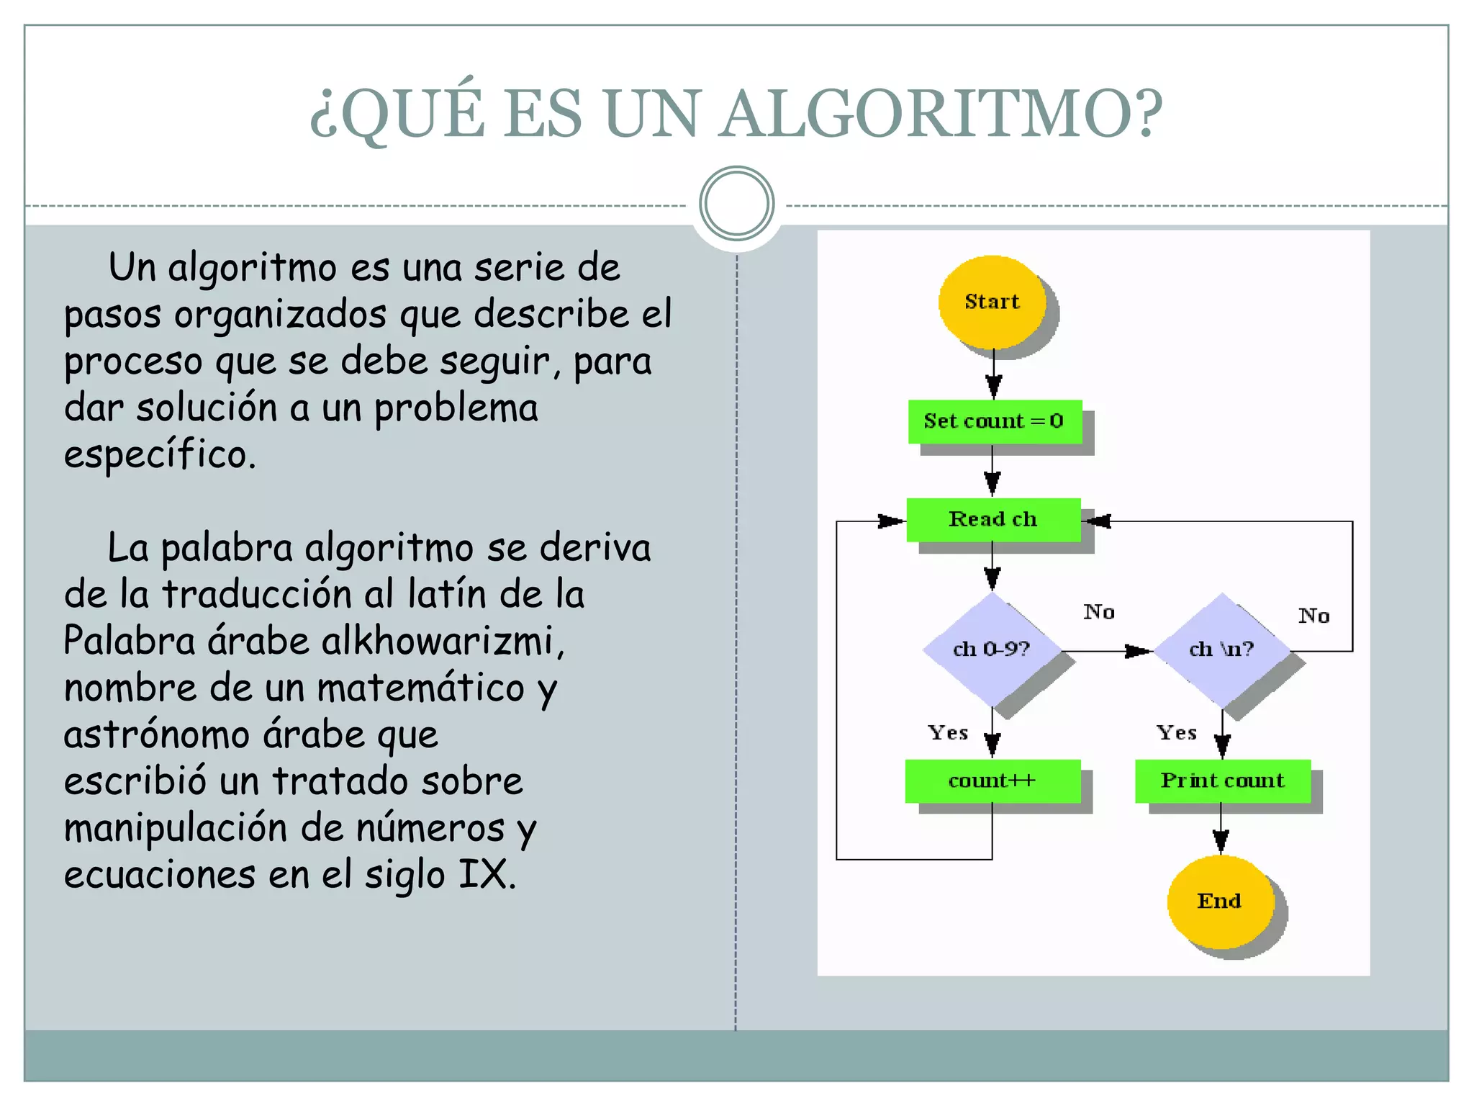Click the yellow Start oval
tap(992, 302)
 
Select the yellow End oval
tap(1220, 901)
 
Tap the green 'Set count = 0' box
tap(994, 421)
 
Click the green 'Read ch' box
tap(993, 519)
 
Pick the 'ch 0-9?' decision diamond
tap(992, 649)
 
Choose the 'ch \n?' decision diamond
tap(1221, 649)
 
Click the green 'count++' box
tap(993, 781)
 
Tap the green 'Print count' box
tap(1222, 781)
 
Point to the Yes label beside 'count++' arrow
tap(948, 733)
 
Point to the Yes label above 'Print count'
tap(1177, 733)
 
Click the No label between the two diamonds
tap(1099, 612)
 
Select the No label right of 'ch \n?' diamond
tap(1314, 616)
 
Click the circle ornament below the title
tap(736, 204)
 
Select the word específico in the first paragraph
tap(159, 455)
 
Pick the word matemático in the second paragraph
tap(420, 688)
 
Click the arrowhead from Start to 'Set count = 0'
tap(993, 387)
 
